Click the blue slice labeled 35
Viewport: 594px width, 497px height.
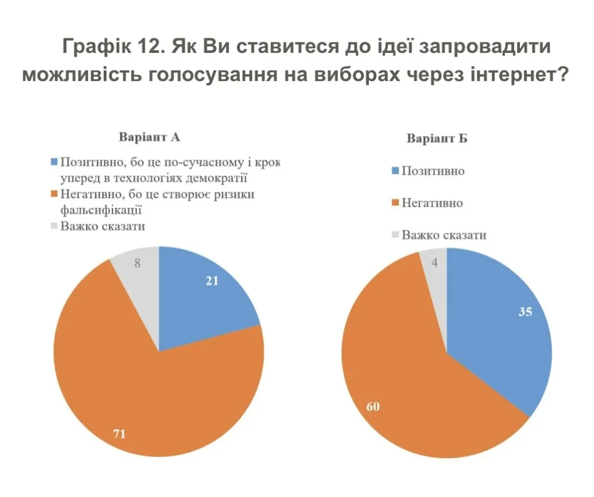[x=503, y=333]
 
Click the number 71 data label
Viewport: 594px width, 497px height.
[x=119, y=433]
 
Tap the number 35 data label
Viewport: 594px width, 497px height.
[x=524, y=311]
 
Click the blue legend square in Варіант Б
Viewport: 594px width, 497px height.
[x=395, y=170]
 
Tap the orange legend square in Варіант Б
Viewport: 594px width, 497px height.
[x=395, y=203]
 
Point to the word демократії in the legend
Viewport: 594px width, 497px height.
[x=215, y=177]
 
